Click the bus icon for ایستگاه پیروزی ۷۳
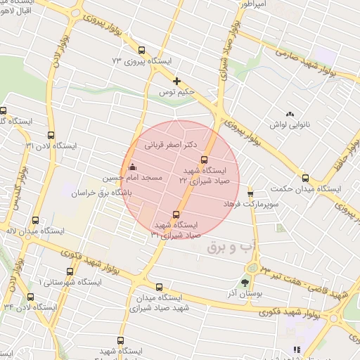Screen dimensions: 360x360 [x=141, y=51]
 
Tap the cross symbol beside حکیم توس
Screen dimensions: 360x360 [x=177, y=81]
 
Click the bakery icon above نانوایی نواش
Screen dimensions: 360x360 [x=289, y=114]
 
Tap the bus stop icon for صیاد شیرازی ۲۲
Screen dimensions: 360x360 [x=205, y=160]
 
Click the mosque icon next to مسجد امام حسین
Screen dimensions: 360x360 [x=132, y=167]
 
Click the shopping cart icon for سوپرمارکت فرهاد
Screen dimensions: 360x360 [x=250, y=192]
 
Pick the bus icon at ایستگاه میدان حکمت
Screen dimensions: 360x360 [x=305, y=178]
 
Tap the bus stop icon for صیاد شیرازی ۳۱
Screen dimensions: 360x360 [x=176, y=214]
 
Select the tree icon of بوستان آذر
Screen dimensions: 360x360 [x=245, y=283]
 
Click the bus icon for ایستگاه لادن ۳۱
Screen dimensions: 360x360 [x=50, y=135]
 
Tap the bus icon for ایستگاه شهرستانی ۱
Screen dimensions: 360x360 [x=69, y=271]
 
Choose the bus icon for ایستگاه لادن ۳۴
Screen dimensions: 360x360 [x=31, y=297]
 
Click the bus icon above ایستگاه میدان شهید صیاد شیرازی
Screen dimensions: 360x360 [x=160, y=287]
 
